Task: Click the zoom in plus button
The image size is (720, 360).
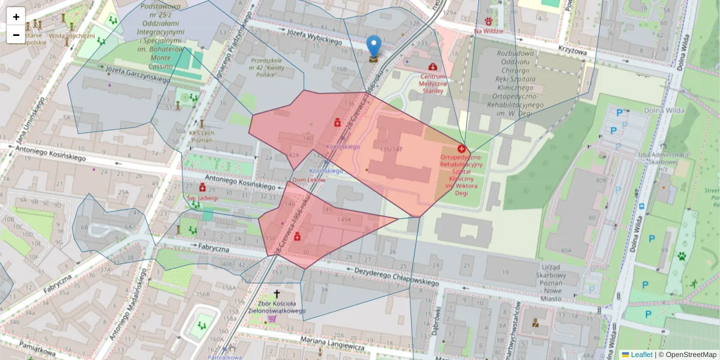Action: [16, 17]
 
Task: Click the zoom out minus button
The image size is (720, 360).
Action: [16, 35]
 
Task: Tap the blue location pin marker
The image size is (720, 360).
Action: [374, 46]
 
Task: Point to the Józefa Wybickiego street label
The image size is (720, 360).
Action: [314, 37]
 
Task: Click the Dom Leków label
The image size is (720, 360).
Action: [308, 180]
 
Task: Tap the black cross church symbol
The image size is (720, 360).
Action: [277, 293]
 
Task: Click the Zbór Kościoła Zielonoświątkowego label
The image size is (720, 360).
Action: [277, 307]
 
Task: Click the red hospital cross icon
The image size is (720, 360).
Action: [461, 148]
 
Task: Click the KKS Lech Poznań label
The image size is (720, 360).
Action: [201, 136]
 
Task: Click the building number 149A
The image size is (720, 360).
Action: [344, 220]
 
